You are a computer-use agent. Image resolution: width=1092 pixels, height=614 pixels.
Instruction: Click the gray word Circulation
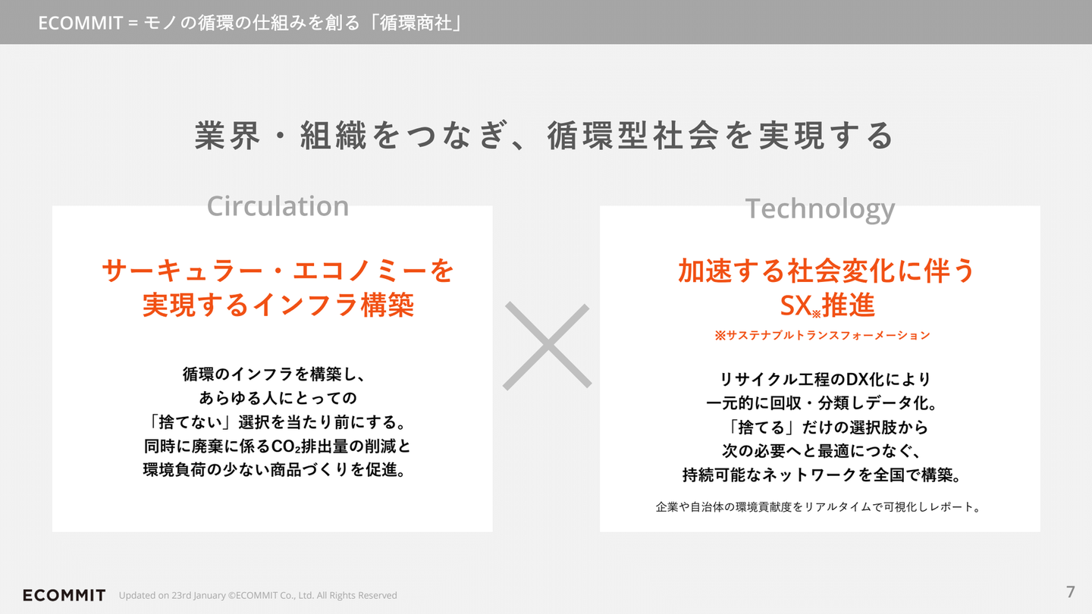(x=278, y=206)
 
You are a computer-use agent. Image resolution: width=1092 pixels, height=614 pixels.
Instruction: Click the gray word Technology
(x=820, y=209)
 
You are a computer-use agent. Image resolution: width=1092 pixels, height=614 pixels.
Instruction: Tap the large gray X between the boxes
(x=548, y=346)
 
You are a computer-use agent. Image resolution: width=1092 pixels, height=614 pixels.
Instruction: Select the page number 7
(x=1070, y=591)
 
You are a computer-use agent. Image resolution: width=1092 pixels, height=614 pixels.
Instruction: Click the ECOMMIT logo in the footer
(x=64, y=595)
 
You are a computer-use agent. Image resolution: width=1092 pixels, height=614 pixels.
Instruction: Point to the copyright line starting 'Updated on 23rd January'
(x=258, y=596)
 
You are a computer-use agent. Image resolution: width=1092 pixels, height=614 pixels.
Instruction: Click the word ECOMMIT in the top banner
(x=80, y=23)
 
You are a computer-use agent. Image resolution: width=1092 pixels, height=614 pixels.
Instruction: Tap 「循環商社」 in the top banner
(x=416, y=23)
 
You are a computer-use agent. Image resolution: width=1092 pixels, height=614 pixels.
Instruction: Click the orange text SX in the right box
(x=795, y=305)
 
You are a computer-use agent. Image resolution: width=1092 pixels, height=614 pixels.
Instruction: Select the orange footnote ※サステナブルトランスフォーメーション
(x=822, y=335)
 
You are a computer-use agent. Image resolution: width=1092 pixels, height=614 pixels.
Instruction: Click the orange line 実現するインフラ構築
(x=278, y=305)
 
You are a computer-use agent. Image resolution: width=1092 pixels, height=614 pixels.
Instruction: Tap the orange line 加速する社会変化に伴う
(x=827, y=271)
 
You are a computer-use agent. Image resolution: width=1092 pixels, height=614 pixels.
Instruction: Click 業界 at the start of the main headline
(x=227, y=136)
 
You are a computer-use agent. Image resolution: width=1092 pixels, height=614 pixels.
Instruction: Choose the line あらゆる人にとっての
(x=278, y=398)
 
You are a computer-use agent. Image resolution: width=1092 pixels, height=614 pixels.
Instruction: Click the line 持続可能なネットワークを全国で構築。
(x=821, y=475)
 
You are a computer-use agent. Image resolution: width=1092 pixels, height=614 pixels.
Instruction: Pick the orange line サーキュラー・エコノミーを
(x=278, y=271)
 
